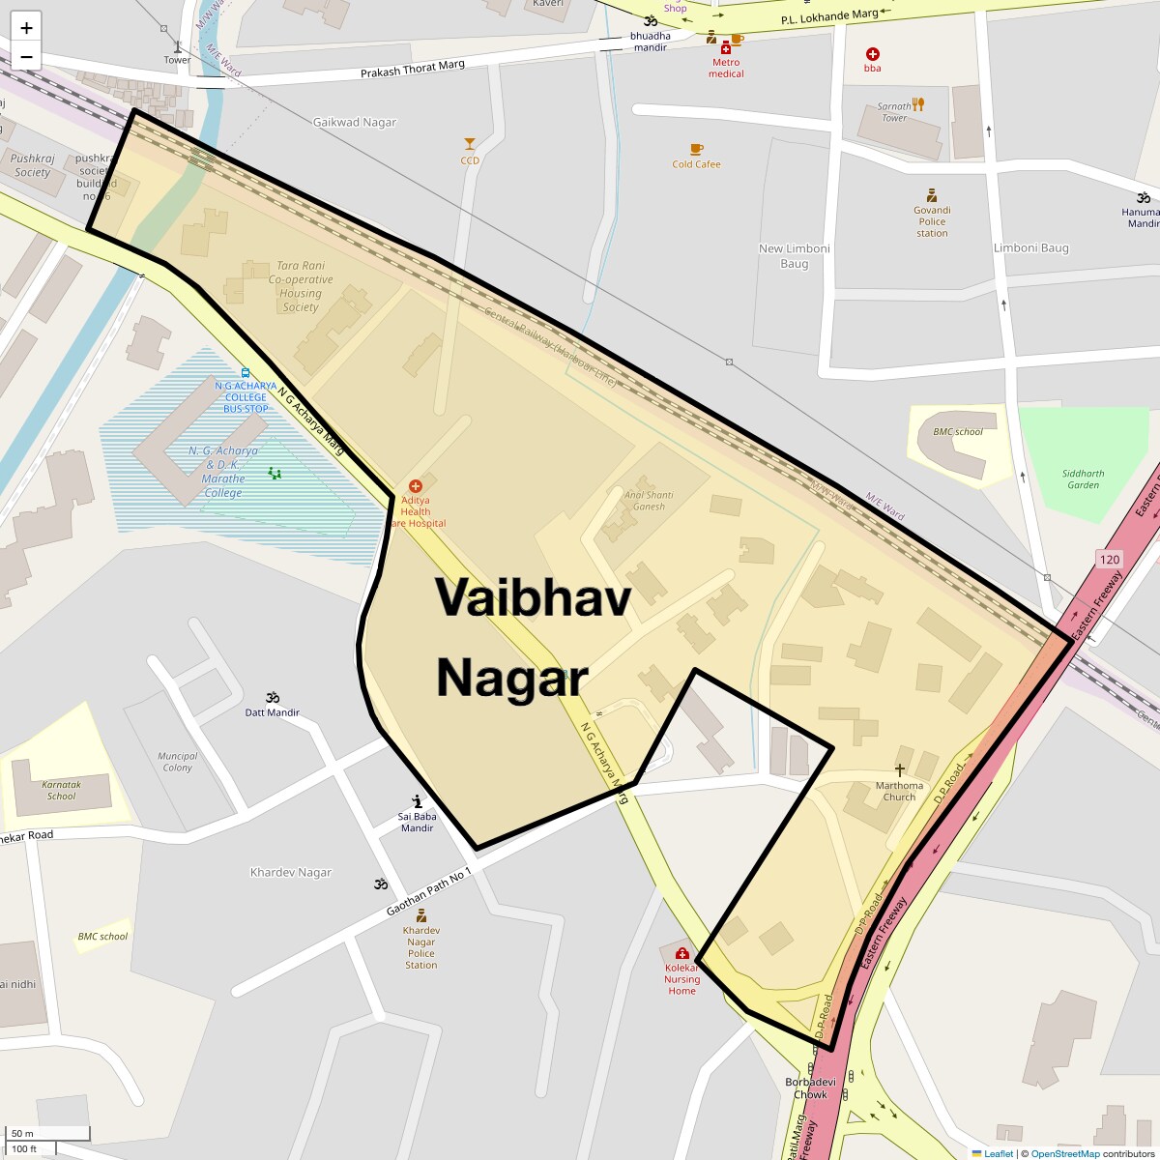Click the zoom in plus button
[26, 28]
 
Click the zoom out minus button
[26, 56]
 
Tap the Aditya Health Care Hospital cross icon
[416, 486]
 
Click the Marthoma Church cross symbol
[899, 769]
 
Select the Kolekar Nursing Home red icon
[682, 952]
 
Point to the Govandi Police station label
[932, 221]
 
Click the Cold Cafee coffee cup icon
[696, 149]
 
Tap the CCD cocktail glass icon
[470, 144]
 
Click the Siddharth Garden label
[1083, 479]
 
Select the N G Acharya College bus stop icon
[246, 372]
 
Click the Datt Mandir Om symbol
[273, 697]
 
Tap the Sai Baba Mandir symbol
[417, 800]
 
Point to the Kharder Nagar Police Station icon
[420, 915]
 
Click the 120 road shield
[1110, 560]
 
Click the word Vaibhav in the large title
[533, 597]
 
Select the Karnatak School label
[61, 790]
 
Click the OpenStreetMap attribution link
[1064, 1153]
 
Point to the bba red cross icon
[873, 54]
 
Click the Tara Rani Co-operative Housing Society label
[301, 286]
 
